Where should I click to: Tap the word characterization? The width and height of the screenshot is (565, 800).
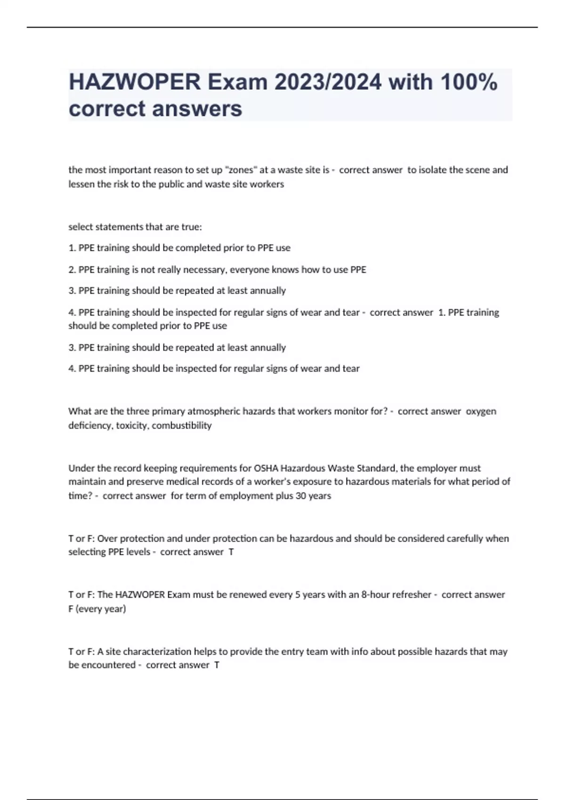coord(150,652)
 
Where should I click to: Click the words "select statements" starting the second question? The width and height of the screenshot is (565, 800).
coord(105,227)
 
